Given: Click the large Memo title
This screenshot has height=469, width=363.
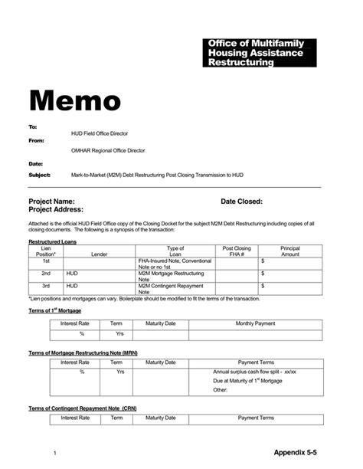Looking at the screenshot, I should [x=74, y=100].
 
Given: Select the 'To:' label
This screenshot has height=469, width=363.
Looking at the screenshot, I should [x=33, y=126].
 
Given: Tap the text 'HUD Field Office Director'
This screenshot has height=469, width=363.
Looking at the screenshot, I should [x=100, y=133].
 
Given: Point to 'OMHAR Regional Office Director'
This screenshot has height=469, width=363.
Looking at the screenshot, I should [x=107, y=151].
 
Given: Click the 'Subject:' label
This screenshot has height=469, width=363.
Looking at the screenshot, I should [x=39, y=175].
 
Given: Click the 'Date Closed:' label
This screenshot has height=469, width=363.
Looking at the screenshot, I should [x=241, y=202].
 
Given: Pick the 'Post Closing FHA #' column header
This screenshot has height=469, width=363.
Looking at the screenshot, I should [x=237, y=251].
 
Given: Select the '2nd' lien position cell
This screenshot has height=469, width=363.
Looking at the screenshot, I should [x=46, y=273].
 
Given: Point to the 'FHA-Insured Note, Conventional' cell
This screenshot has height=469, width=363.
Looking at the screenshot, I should [x=175, y=261].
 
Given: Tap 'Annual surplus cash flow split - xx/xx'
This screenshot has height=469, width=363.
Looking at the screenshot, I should [x=254, y=372].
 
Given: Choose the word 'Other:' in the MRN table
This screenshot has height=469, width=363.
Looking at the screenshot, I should [x=221, y=390].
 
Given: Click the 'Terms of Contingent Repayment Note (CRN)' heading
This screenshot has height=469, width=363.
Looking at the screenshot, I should [x=83, y=408].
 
